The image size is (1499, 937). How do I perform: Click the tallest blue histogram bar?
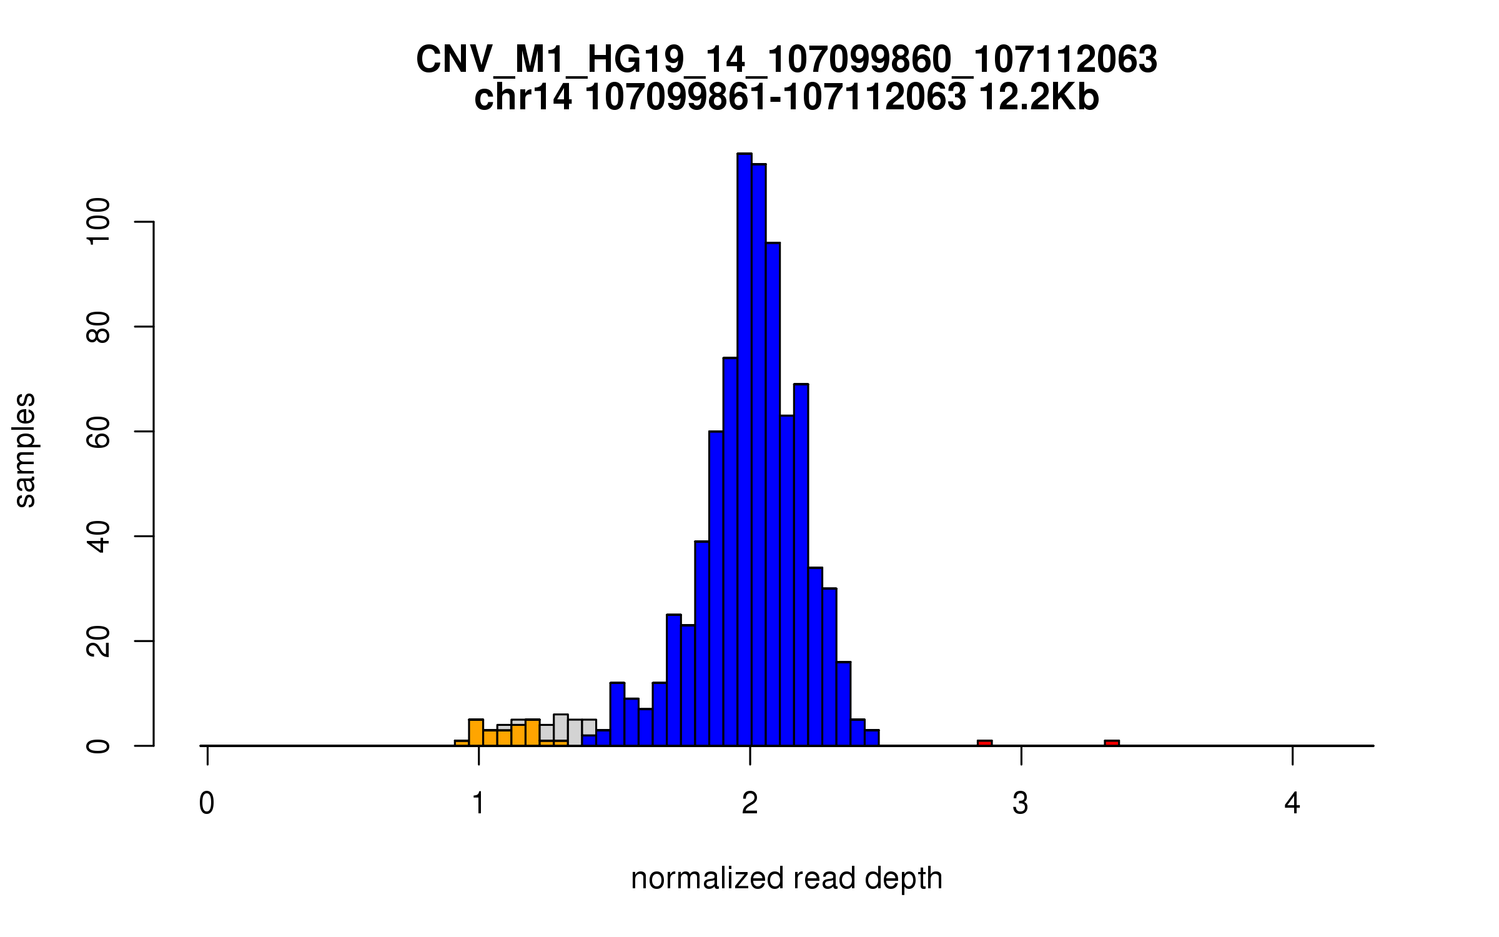(744, 450)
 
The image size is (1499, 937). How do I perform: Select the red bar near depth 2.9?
(984, 743)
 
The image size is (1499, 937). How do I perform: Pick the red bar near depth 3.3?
(1112, 743)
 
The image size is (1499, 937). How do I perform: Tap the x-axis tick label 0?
(207, 803)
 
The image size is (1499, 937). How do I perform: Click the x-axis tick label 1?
(478, 803)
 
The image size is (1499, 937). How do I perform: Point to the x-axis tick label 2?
(749, 803)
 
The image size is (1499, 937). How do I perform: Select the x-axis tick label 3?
(1021, 803)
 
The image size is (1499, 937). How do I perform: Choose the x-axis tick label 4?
(1292, 803)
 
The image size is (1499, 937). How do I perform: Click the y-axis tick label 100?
(98, 222)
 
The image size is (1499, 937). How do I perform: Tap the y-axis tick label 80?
(98, 327)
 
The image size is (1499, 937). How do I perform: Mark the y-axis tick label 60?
(98, 432)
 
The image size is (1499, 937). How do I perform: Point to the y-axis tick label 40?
(98, 537)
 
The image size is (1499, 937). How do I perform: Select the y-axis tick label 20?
(98, 641)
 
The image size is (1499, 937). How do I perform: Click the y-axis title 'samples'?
(25, 450)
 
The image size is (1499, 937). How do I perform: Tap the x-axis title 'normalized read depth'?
(786, 878)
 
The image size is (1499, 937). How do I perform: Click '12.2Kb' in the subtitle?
(1039, 97)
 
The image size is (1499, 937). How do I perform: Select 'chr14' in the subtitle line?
(523, 97)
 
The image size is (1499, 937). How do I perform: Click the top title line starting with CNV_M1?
(786, 60)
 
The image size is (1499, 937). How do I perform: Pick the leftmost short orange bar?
(462, 743)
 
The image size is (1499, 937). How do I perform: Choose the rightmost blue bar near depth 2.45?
(872, 738)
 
